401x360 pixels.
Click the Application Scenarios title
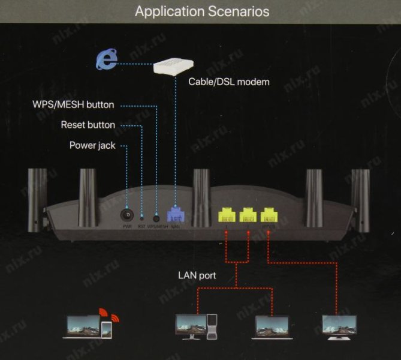click(201, 11)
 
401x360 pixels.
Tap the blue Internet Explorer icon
click(106, 61)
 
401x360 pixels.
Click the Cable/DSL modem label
click(229, 81)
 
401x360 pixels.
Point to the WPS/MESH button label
click(73, 104)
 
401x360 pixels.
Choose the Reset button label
click(88, 125)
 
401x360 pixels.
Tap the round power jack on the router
click(126, 214)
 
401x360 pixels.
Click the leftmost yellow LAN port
click(226, 214)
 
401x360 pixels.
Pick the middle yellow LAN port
click(248, 214)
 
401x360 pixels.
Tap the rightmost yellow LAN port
click(269, 214)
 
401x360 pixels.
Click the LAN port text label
click(197, 276)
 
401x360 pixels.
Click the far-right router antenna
click(361, 192)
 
